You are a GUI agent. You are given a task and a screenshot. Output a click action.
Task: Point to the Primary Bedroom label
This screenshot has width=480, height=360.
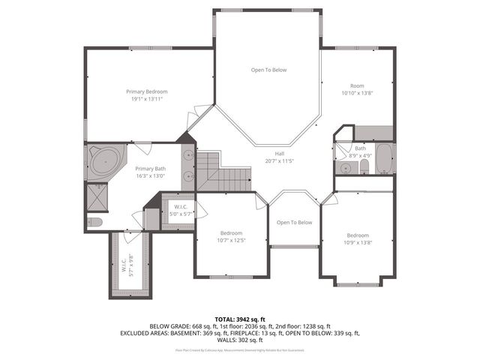146,91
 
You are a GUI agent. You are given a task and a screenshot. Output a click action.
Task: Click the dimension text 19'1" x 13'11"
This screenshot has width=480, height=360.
147,98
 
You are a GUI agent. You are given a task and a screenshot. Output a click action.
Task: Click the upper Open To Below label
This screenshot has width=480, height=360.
268,70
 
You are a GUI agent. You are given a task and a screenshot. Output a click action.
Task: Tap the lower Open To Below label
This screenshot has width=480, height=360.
294,222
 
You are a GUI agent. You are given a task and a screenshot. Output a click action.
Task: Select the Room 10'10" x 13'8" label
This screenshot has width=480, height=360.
357,89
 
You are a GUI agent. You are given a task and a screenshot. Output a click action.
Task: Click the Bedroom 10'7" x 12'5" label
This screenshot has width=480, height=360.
232,236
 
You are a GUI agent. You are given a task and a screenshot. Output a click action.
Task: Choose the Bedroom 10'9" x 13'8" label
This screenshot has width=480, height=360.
357,238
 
